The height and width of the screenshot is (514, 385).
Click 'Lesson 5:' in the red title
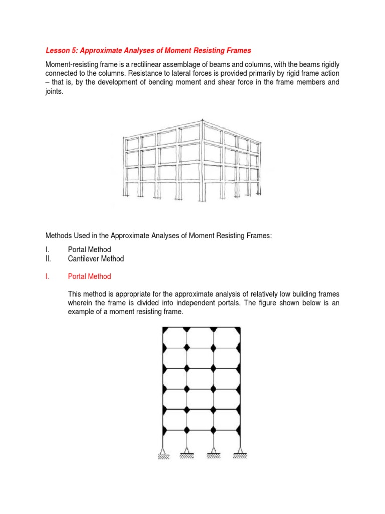(62, 50)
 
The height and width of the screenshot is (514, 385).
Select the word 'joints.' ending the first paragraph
(55, 92)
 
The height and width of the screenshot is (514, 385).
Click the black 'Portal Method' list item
(89, 249)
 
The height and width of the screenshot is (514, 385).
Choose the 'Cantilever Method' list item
(96, 259)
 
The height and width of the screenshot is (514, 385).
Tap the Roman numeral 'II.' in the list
(49, 259)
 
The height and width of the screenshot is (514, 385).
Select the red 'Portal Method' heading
(89, 276)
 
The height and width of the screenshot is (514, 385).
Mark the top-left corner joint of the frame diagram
(164, 329)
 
